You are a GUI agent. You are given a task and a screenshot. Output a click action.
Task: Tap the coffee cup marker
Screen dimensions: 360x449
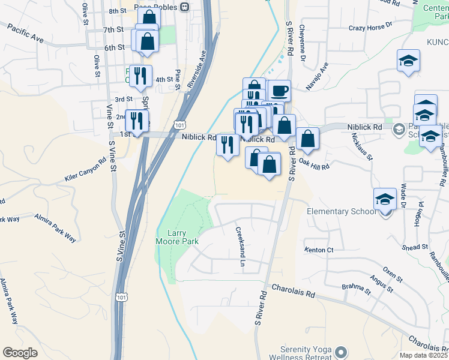pos(279,91)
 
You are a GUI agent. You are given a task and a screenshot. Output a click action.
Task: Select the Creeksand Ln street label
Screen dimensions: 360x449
pos(241,247)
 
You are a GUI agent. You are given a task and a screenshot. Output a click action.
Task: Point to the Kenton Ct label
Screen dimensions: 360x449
pos(319,250)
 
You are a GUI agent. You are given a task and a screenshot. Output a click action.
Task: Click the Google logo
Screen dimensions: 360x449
pos(20,352)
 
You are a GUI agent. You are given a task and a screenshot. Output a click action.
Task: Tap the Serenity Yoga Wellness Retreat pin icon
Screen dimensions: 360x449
pos(342,352)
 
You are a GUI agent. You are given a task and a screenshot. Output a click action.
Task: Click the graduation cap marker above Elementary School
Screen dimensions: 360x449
pos(384,198)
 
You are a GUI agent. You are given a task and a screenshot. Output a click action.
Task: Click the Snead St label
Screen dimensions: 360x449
pos(415,247)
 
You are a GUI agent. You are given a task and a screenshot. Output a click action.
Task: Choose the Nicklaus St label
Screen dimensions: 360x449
pos(362,147)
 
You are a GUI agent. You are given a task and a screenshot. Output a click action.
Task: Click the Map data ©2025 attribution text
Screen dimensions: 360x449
pos(424,355)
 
